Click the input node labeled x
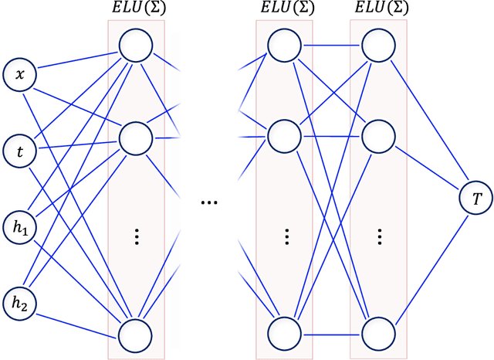[x=20, y=76]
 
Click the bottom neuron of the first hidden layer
[x=136, y=335]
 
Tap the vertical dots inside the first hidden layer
[x=136, y=236]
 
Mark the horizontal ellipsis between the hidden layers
[x=208, y=202]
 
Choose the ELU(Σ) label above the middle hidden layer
[x=284, y=8]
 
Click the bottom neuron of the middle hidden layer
[x=284, y=335]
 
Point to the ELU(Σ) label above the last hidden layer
[x=379, y=8]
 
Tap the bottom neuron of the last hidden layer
[x=379, y=335]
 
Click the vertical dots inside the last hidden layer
[x=379, y=236]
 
